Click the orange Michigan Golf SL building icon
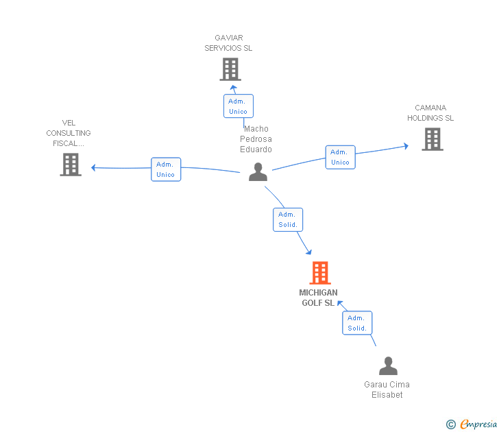pos(320,273)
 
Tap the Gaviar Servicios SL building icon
pos(230,69)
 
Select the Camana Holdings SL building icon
pos(433,139)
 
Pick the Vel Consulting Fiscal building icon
pos(71,165)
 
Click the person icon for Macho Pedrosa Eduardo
pos(258,172)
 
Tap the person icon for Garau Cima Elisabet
pos(388,365)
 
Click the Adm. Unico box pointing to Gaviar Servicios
pos(239,106)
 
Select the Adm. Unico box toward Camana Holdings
pos(340,157)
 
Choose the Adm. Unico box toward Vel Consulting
pos(166,169)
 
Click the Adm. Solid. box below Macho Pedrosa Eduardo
pos(288,219)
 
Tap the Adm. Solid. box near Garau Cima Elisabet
pos(357,323)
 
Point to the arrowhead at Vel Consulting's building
pos(93,167)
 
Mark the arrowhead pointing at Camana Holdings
pos(406,146)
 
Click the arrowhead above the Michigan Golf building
pos(308,252)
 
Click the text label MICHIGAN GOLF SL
pos(318,298)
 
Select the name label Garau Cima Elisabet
pos(387,389)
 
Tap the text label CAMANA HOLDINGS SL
pos(430,112)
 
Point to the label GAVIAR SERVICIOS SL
pos(228,43)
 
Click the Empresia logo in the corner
pos(478,424)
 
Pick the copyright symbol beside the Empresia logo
pos(451,424)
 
